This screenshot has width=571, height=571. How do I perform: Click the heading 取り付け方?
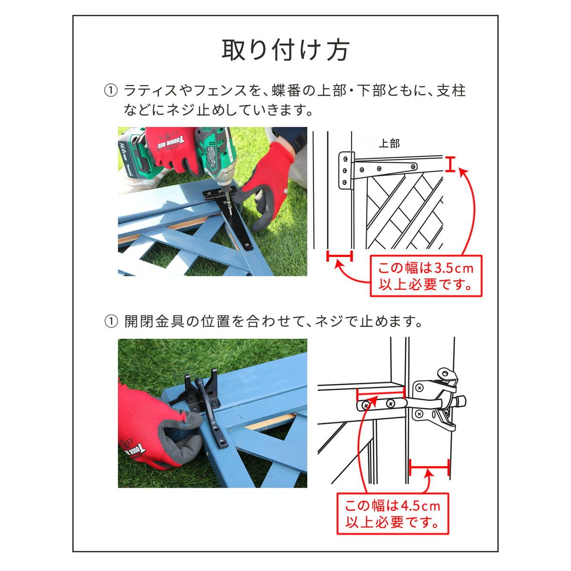point(285,50)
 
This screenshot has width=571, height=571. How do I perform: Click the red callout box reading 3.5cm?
point(426,276)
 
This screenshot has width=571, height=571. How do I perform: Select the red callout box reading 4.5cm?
point(393,513)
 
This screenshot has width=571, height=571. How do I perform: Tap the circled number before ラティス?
point(110,90)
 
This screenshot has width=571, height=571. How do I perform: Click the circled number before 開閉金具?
point(110,322)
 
